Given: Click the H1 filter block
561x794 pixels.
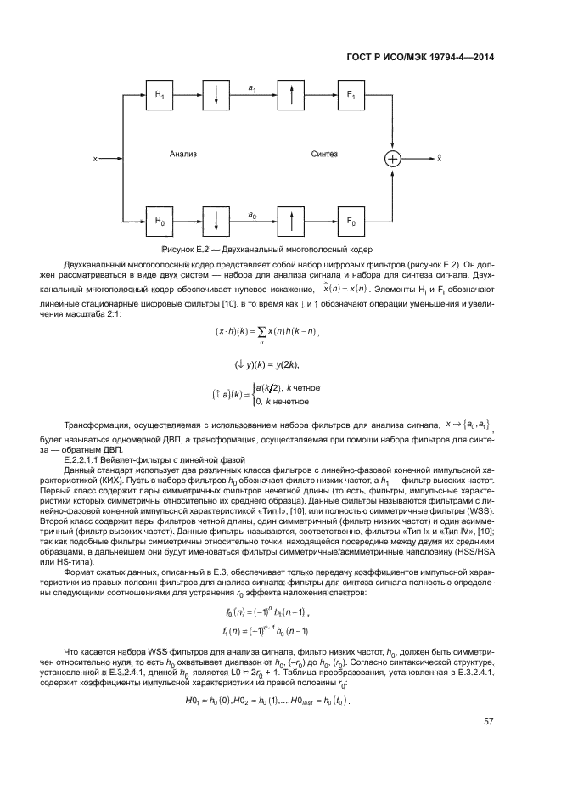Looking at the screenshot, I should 158,97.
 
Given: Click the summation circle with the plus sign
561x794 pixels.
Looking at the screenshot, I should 392,159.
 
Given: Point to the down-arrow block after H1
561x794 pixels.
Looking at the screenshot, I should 217,97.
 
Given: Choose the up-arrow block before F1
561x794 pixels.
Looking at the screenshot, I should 291,97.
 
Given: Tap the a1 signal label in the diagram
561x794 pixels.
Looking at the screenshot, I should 253,87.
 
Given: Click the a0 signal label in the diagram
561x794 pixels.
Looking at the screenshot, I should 253,216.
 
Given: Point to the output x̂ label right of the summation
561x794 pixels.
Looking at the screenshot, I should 439,158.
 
